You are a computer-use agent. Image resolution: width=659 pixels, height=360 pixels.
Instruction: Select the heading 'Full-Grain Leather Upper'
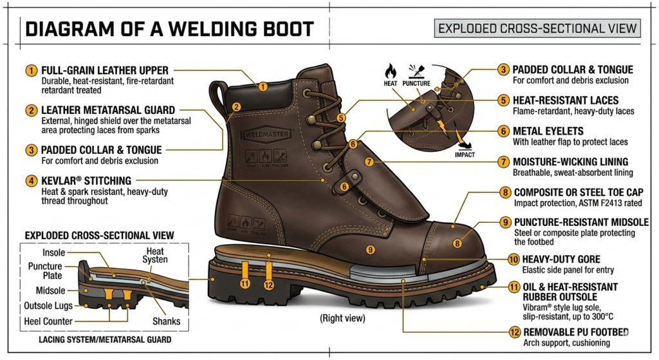pyautogui.click(x=104, y=70)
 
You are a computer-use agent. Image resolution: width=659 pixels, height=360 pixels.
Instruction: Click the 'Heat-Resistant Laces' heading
pyautogui.click(x=565, y=100)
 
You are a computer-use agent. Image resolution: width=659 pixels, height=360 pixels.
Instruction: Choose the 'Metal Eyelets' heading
pyautogui.click(x=547, y=131)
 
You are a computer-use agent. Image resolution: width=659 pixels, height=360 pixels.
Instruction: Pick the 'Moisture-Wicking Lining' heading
pyautogui.click(x=570, y=162)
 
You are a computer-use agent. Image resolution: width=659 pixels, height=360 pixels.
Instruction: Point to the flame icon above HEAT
pyautogui.click(x=391, y=70)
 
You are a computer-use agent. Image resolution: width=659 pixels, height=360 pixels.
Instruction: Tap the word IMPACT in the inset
pyautogui.click(x=464, y=154)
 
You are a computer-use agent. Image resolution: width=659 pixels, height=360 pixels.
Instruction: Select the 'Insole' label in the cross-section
pyautogui.click(x=53, y=252)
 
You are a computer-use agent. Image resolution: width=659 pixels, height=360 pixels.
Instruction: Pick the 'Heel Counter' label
pyautogui.click(x=48, y=321)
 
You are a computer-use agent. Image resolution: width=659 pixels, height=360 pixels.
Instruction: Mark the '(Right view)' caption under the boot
pyautogui.click(x=343, y=317)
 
